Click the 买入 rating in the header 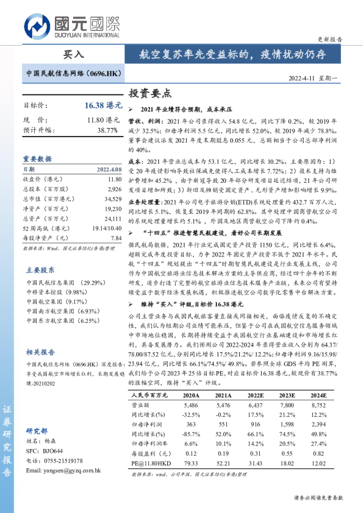pyautogui.click(x=73, y=54)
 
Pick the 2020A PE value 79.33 pyautogui.click(x=192, y=464)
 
